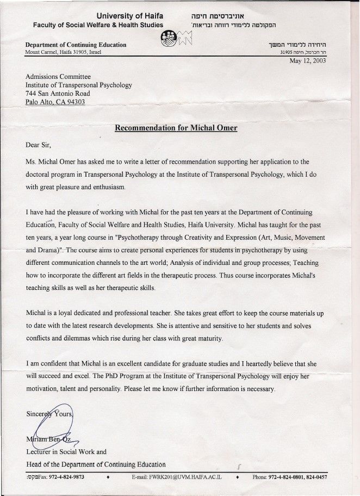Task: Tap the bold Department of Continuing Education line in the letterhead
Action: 76,45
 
